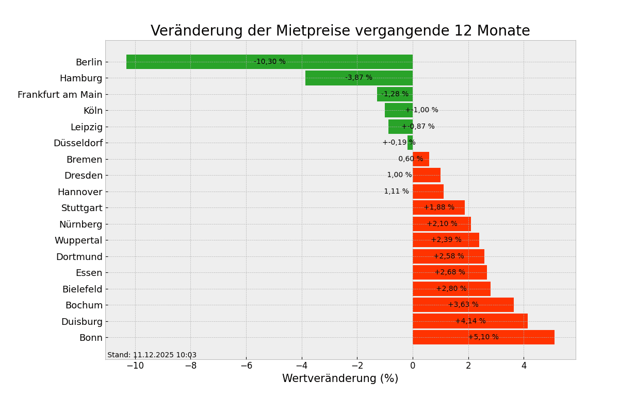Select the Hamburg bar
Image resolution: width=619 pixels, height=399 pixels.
point(330,78)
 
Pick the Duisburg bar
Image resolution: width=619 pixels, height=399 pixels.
point(495,321)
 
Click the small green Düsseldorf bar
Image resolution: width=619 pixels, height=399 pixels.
point(410,143)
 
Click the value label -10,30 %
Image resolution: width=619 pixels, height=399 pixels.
point(270,62)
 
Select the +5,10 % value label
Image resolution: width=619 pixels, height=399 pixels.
point(483,337)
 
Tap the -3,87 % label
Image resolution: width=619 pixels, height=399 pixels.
point(359,78)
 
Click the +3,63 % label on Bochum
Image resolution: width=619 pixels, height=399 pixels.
point(463,305)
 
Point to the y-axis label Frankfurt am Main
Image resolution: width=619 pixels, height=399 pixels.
point(60,95)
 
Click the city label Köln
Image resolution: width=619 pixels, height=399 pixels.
point(93,111)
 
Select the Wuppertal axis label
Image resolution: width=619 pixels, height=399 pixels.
point(78,240)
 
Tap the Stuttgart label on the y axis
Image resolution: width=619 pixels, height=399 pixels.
point(82,208)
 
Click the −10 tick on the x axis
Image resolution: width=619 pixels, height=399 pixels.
point(135,366)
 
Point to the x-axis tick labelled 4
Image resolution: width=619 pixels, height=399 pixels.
point(524,366)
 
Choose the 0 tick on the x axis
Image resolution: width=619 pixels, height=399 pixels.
point(413,366)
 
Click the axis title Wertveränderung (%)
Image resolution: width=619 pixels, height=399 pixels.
point(340,379)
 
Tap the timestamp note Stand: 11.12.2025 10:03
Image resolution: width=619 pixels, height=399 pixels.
point(152,355)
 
